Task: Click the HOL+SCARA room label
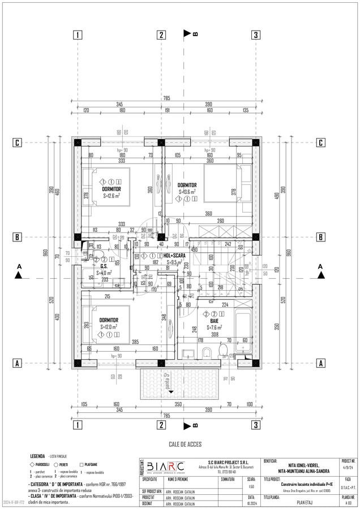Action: pyautogui.click(x=177, y=256)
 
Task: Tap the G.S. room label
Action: pyautogui.click(x=104, y=266)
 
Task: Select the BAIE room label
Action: pyautogui.click(x=215, y=320)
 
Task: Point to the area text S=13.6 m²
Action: pyautogui.click(x=187, y=192)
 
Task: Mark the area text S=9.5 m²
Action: pyautogui.click(x=177, y=262)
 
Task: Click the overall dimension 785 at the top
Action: pyautogui.click(x=166, y=98)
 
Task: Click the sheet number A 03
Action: pyautogui.click(x=348, y=501)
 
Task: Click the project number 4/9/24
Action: pyautogui.click(x=348, y=467)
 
